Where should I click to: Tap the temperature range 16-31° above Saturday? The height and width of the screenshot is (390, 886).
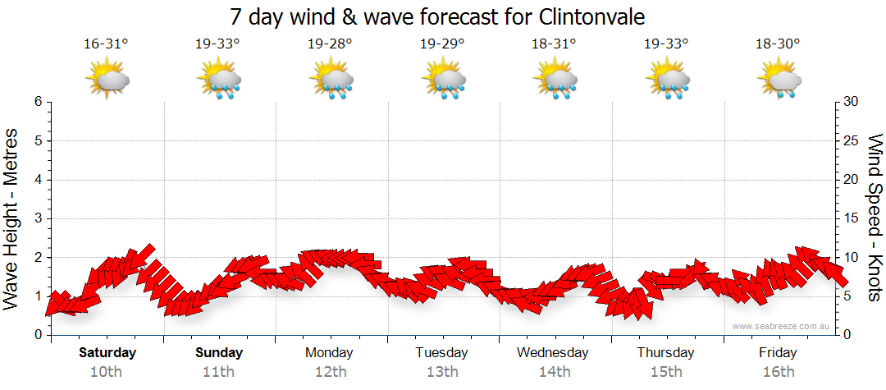click(106, 44)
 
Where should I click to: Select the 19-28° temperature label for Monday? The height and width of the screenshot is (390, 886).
click(330, 44)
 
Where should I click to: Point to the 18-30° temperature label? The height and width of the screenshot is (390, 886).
click(778, 44)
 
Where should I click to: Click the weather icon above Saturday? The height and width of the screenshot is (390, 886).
click(107, 80)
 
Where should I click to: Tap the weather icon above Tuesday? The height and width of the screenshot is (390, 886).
click(443, 80)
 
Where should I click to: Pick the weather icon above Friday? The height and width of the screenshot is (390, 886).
click(779, 80)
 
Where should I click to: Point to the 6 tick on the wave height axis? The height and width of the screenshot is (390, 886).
click(37, 102)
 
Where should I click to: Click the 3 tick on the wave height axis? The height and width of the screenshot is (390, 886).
click(37, 218)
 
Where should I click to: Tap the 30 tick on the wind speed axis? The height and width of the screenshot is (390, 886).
click(851, 102)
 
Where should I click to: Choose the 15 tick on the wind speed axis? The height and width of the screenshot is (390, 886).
click(851, 218)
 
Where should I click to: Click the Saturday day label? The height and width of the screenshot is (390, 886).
click(107, 353)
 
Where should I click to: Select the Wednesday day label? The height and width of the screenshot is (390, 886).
click(553, 353)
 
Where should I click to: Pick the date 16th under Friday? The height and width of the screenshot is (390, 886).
click(778, 372)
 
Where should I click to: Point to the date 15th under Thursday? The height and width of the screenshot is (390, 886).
click(665, 372)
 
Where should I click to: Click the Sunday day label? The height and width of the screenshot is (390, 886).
click(219, 353)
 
